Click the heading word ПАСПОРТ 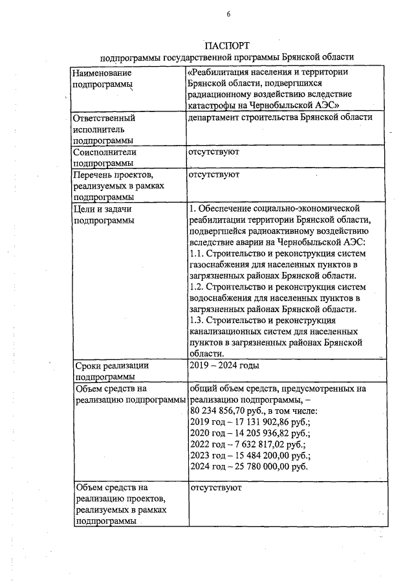point(228,46)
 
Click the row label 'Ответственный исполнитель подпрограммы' point(103,129)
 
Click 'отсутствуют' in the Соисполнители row point(214,152)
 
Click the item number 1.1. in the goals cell point(197,253)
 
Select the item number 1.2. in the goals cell point(197,287)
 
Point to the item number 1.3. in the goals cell point(197,321)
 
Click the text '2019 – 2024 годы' point(224,365)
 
